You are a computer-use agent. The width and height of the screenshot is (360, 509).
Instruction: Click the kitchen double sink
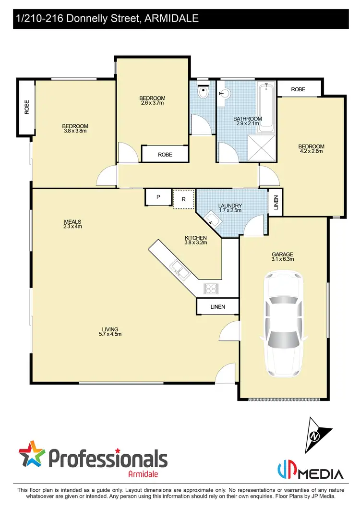tap(179, 269)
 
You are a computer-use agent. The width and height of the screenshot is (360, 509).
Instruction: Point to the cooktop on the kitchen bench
tap(212, 288)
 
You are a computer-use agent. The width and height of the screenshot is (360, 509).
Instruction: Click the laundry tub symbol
tap(212, 220)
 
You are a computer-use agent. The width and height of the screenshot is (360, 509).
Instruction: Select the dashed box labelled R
tap(183, 199)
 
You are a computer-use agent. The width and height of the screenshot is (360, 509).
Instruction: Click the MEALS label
tap(73, 222)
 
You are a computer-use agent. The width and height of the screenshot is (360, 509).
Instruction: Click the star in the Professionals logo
tap(31, 453)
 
